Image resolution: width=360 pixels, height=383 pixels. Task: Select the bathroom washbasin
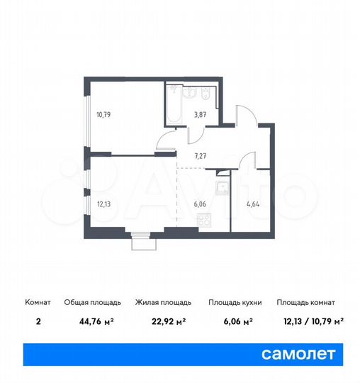[188, 92]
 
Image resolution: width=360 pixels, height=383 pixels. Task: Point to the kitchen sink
[220, 188]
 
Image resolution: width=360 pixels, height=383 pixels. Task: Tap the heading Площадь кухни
[235, 302]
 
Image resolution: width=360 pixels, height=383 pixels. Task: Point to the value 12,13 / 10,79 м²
[310, 320]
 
